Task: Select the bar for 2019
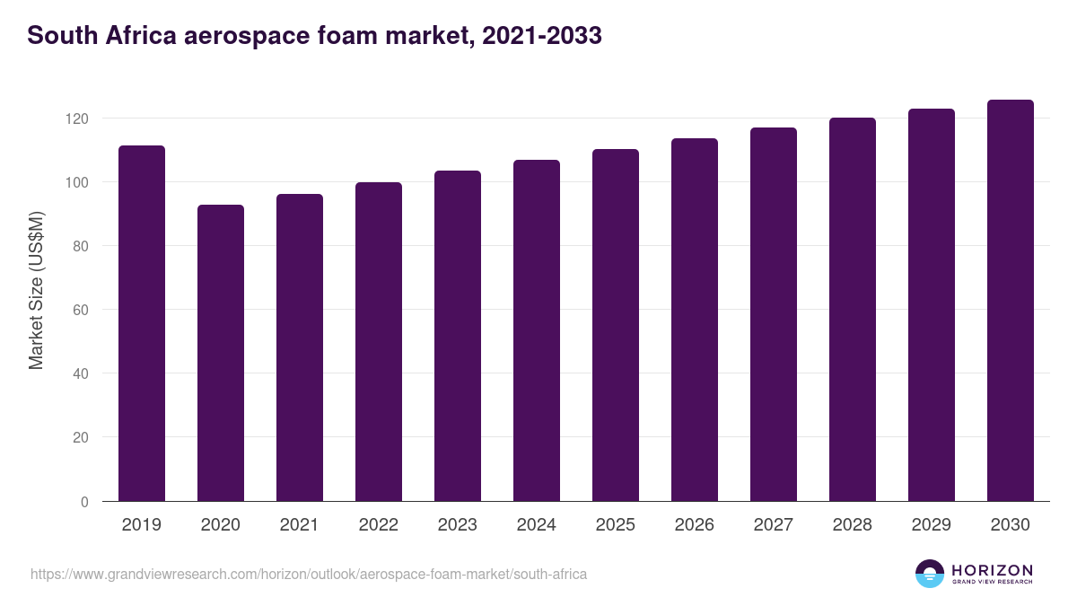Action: pyautogui.click(x=142, y=323)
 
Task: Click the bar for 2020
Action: pyautogui.click(x=221, y=353)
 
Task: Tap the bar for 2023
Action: pyautogui.click(x=458, y=336)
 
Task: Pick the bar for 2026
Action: pyautogui.click(x=695, y=320)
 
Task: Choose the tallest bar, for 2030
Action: pyautogui.click(x=1011, y=301)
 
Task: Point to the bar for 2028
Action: pyautogui.click(x=853, y=310)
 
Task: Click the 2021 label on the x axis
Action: pyautogui.click(x=300, y=525)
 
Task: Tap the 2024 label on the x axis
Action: pyautogui.click(x=537, y=525)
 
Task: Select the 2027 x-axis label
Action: pyautogui.click(x=774, y=525)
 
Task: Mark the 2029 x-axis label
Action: pyautogui.click(x=932, y=525)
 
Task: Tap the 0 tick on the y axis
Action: pyautogui.click(x=85, y=502)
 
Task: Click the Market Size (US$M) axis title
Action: pyautogui.click(x=36, y=290)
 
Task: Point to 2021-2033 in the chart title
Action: pyautogui.click(x=541, y=37)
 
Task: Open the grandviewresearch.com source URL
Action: pyautogui.click(x=309, y=574)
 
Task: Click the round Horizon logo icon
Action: pyautogui.click(x=930, y=574)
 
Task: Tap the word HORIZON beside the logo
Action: pyautogui.click(x=992, y=569)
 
